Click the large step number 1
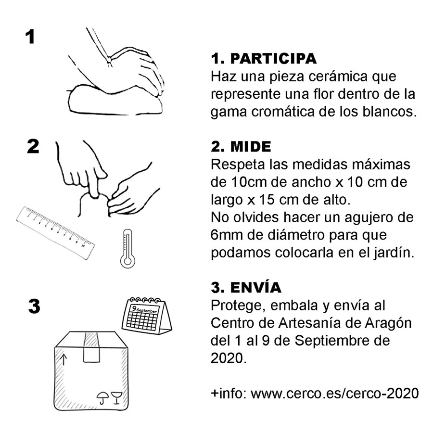coord(30,37)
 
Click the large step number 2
coord(33,146)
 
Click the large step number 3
coord(34,306)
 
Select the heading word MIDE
coord(253,146)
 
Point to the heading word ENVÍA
coord(256,287)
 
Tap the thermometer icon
coord(127,248)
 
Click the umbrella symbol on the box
coord(102,397)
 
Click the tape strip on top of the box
coord(91,346)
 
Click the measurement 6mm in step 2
coord(227,236)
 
